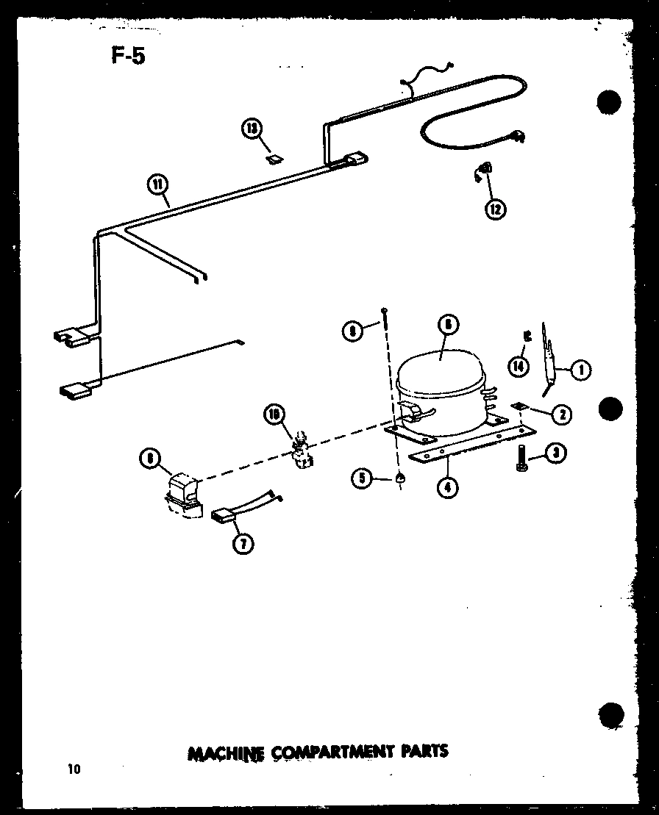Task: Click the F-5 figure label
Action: click(128, 56)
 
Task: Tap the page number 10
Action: click(74, 769)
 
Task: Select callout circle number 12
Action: click(495, 209)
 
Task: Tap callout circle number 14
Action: click(519, 365)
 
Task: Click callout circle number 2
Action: click(563, 415)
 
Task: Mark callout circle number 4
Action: click(446, 486)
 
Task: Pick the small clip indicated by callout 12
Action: click(482, 173)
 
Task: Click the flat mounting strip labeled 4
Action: click(463, 448)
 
